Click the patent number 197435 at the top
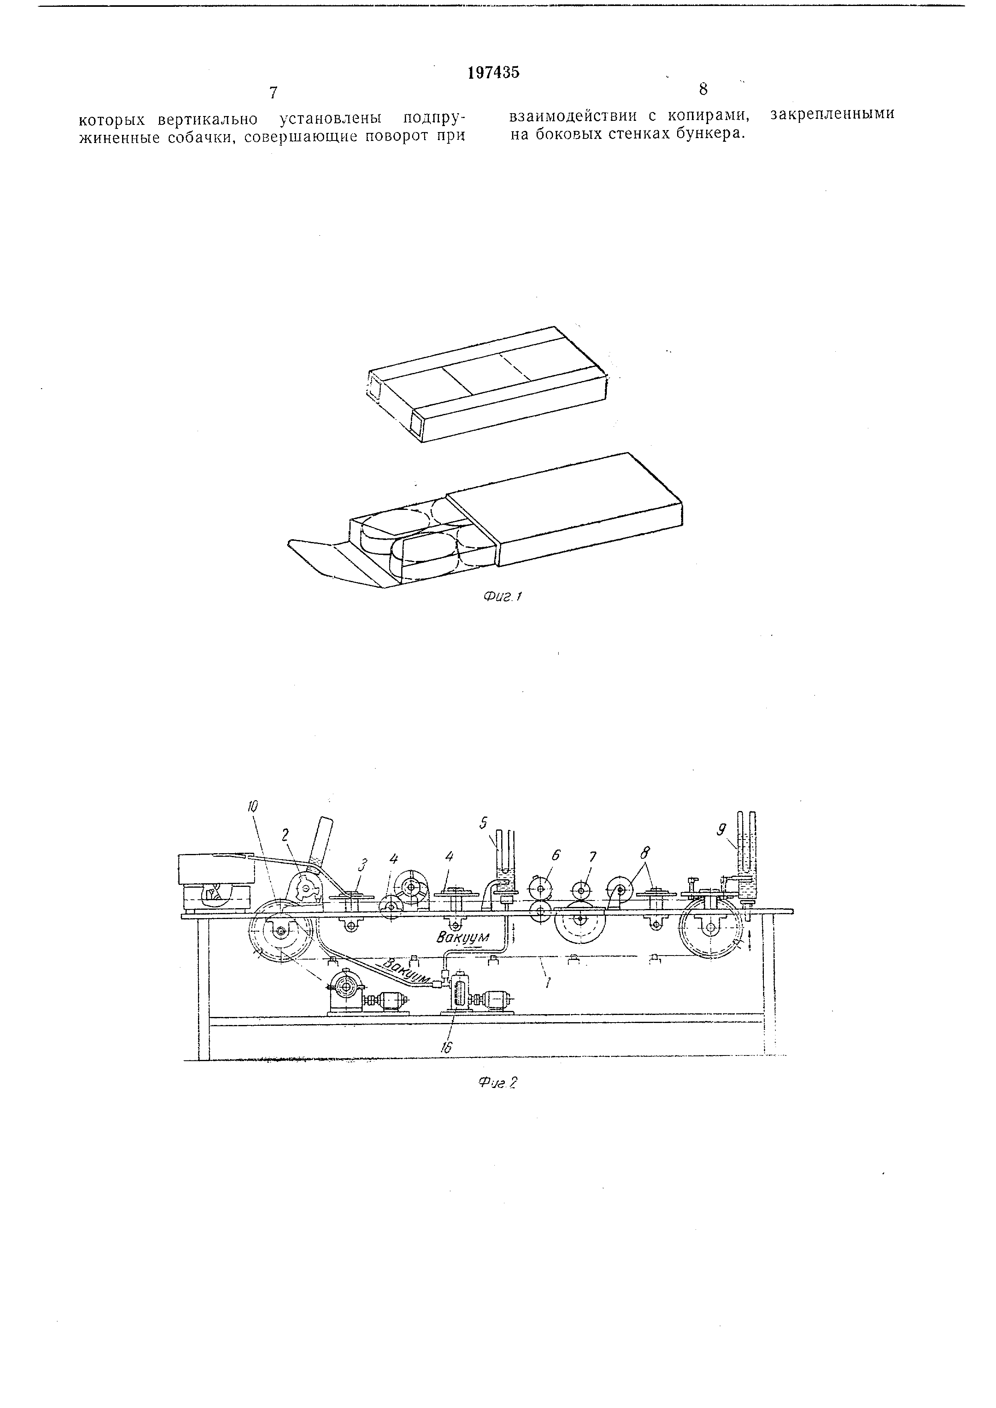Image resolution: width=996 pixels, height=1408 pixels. click(x=493, y=72)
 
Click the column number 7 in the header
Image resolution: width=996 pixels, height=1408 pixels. click(x=273, y=93)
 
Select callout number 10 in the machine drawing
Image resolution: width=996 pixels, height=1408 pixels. click(x=253, y=807)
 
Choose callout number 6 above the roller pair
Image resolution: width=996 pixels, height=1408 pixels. click(x=556, y=854)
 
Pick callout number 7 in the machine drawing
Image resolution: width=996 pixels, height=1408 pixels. click(x=592, y=856)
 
